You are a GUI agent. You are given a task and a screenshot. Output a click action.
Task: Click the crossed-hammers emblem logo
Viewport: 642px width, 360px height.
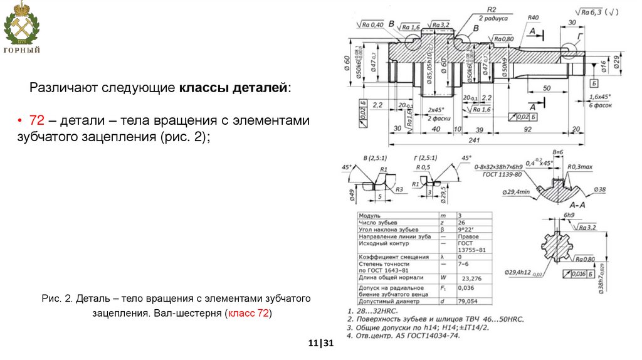[21, 25]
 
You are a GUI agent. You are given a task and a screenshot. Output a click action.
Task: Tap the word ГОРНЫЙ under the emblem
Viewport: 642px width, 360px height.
[22, 50]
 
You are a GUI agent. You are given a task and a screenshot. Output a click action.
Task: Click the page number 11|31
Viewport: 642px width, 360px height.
[320, 344]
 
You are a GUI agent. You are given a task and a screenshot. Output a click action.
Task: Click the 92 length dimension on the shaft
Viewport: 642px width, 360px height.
[529, 129]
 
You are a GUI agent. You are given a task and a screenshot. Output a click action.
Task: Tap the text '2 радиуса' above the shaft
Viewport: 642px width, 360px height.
[490, 18]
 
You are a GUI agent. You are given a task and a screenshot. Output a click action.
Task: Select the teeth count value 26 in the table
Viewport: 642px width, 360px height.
[462, 222]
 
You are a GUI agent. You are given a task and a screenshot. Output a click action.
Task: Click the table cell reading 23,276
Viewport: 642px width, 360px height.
[471, 278]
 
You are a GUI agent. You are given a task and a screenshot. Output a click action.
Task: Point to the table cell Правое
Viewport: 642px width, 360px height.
[468, 236]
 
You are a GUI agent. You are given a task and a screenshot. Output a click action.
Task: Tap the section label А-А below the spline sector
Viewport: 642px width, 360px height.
[577, 205]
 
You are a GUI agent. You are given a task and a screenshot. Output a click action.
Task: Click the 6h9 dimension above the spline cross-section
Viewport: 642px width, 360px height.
[569, 215]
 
